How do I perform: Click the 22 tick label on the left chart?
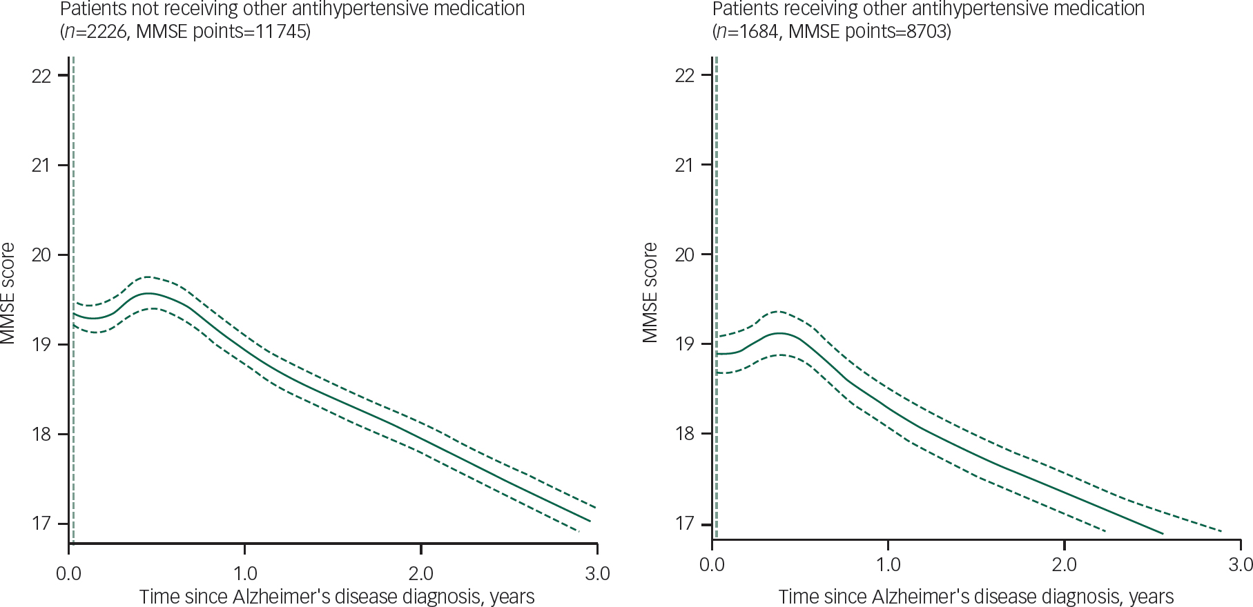[41, 75]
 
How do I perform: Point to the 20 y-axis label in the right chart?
[684, 255]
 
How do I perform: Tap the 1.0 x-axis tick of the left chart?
[244, 573]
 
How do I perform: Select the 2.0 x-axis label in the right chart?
[1064, 565]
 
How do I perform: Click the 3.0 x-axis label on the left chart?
[597, 573]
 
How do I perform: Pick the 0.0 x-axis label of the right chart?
[712, 565]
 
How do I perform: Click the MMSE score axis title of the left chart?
[8, 293]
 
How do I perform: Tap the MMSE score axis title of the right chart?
[650, 292]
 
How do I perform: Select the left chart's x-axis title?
[337, 597]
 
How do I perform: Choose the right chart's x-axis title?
[976, 597]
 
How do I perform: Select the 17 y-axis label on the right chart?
[684, 524]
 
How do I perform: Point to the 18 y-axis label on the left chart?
[41, 434]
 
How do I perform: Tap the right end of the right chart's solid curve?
[1163, 533]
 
